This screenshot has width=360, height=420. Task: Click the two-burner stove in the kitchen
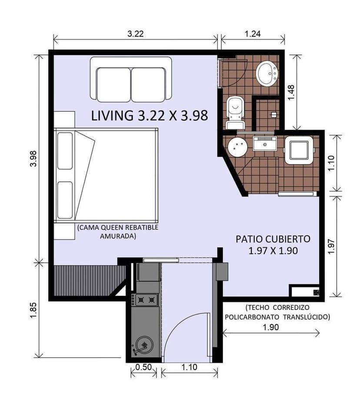146,299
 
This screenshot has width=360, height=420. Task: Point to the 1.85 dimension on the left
34,311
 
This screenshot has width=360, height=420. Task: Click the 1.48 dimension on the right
291,92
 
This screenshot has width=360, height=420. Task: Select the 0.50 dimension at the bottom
143,367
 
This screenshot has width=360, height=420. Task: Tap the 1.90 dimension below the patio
270,327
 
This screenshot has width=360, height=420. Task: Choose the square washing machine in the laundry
299,150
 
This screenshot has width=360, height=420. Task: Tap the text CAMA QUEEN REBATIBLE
118,228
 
